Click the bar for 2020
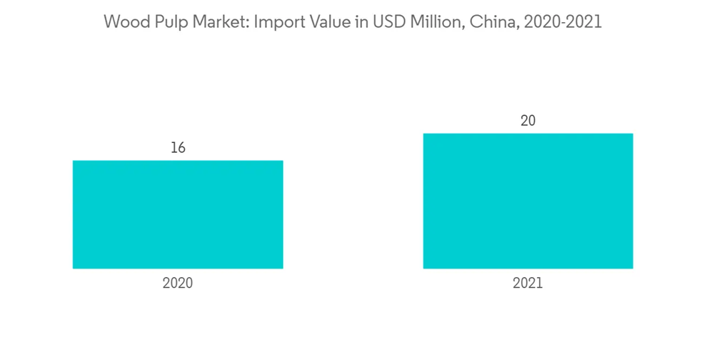click(x=178, y=214)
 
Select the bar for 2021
click(x=528, y=201)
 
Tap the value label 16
click(x=178, y=148)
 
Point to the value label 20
click(x=528, y=121)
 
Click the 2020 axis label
click(x=178, y=283)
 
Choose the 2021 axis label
click(x=528, y=283)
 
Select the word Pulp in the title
click(x=166, y=22)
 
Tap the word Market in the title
click(x=213, y=22)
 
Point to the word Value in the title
click(x=325, y=22)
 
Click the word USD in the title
click(x=381, y=22)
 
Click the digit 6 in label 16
click(x=181, y=148)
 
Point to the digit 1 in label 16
click(x=174, y=148)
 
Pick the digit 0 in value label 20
click(x=532, y=121)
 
